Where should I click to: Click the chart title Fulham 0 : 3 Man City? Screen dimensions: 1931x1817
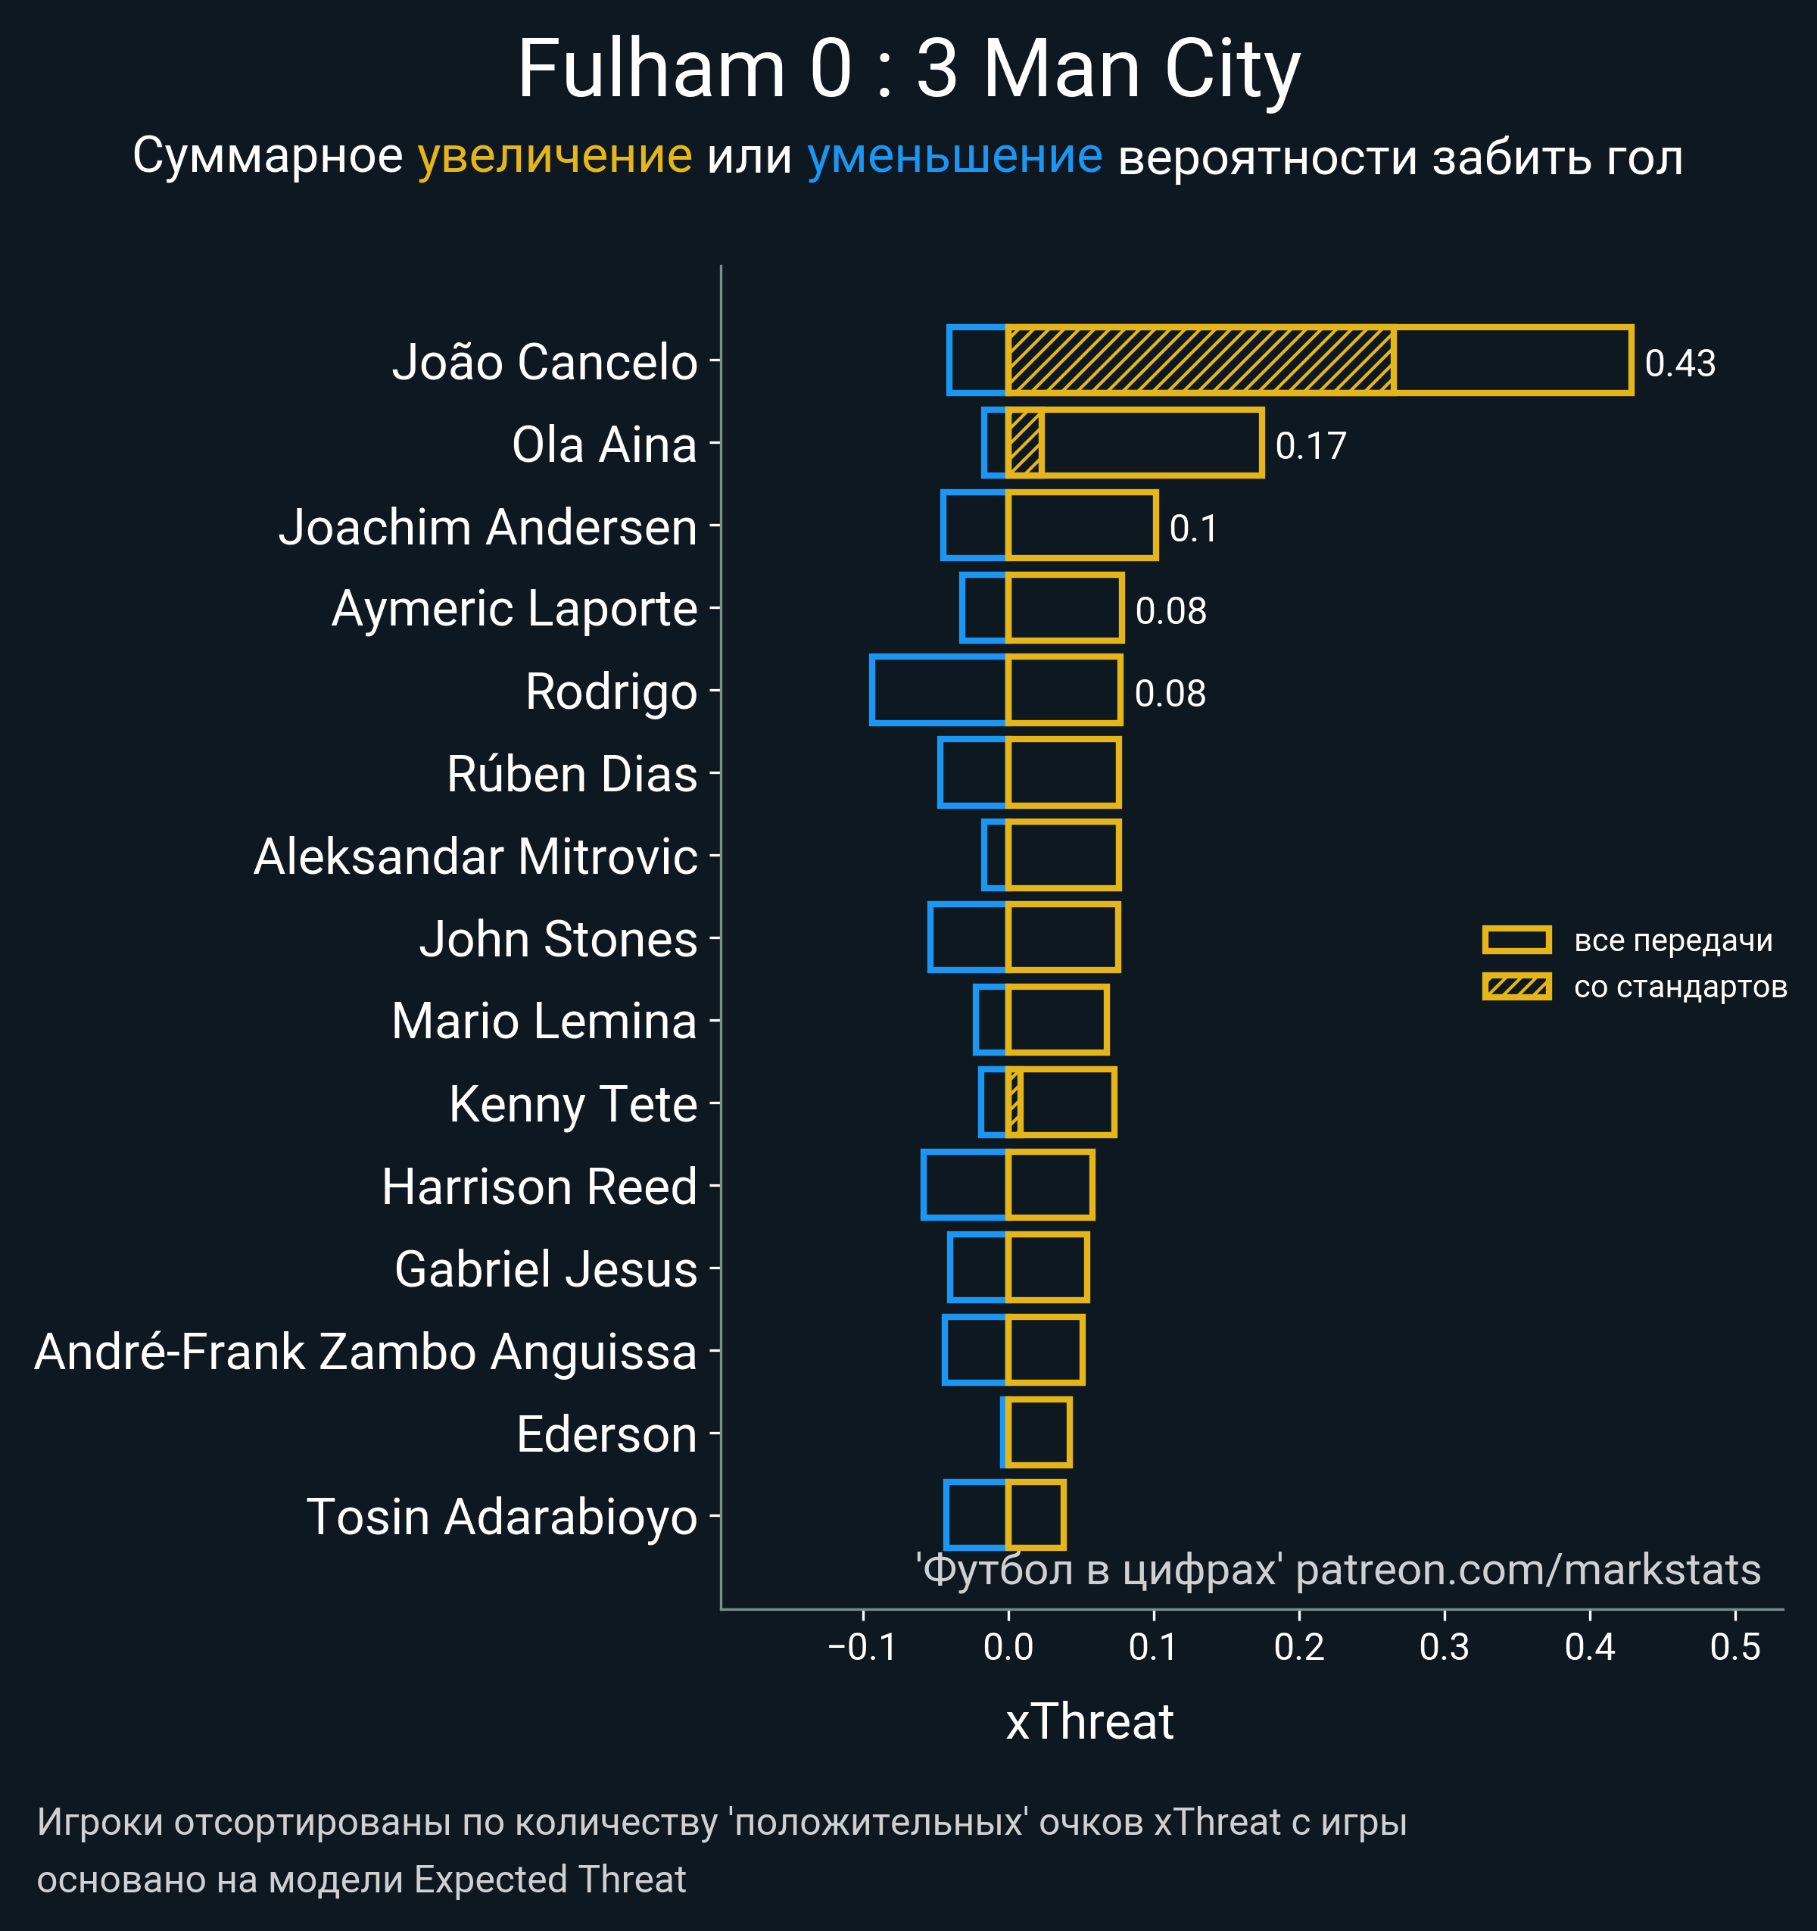(x=908, y=70)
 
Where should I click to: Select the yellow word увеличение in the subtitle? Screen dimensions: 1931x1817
(x=554, y=157)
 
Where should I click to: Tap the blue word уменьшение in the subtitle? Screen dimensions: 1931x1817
(x=955, y=157)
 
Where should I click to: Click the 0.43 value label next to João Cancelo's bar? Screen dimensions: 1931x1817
(x=1679, y=363)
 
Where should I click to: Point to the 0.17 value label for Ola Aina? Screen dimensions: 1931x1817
(x=1310, y=446)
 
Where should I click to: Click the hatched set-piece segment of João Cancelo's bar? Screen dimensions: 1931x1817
(x=1200, y=361)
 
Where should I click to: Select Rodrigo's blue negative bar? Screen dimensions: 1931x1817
(x=939, y=691)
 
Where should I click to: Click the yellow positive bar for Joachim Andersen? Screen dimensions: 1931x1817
(x=1082, y=526)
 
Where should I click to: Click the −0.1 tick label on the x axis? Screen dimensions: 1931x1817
(x=862, y=1647)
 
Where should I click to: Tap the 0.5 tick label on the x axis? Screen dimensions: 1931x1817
(x=1734, y=1647)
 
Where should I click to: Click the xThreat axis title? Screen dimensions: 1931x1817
(x=1089, y=1722)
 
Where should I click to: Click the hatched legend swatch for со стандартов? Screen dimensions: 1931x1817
(x=1516, y=987)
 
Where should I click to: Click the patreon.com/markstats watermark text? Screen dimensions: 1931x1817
(x=1528, y=1570)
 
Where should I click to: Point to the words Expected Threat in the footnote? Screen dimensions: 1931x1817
(x=550, y=1880)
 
